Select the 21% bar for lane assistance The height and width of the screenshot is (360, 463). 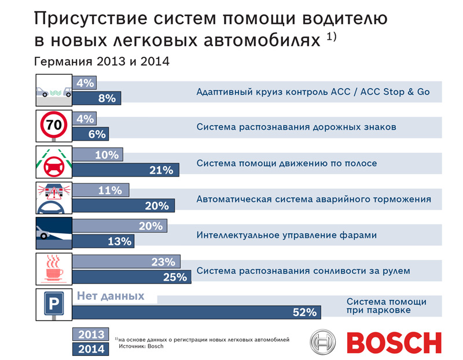126,170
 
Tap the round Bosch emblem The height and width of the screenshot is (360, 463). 323,343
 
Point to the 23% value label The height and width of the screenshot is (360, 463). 163,262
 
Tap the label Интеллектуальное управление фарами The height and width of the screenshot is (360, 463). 286,235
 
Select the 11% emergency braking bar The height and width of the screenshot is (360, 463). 101,191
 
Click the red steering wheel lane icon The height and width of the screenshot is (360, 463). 53,161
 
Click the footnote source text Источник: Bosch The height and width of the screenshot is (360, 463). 141,346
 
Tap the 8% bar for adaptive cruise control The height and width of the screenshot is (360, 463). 97,98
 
